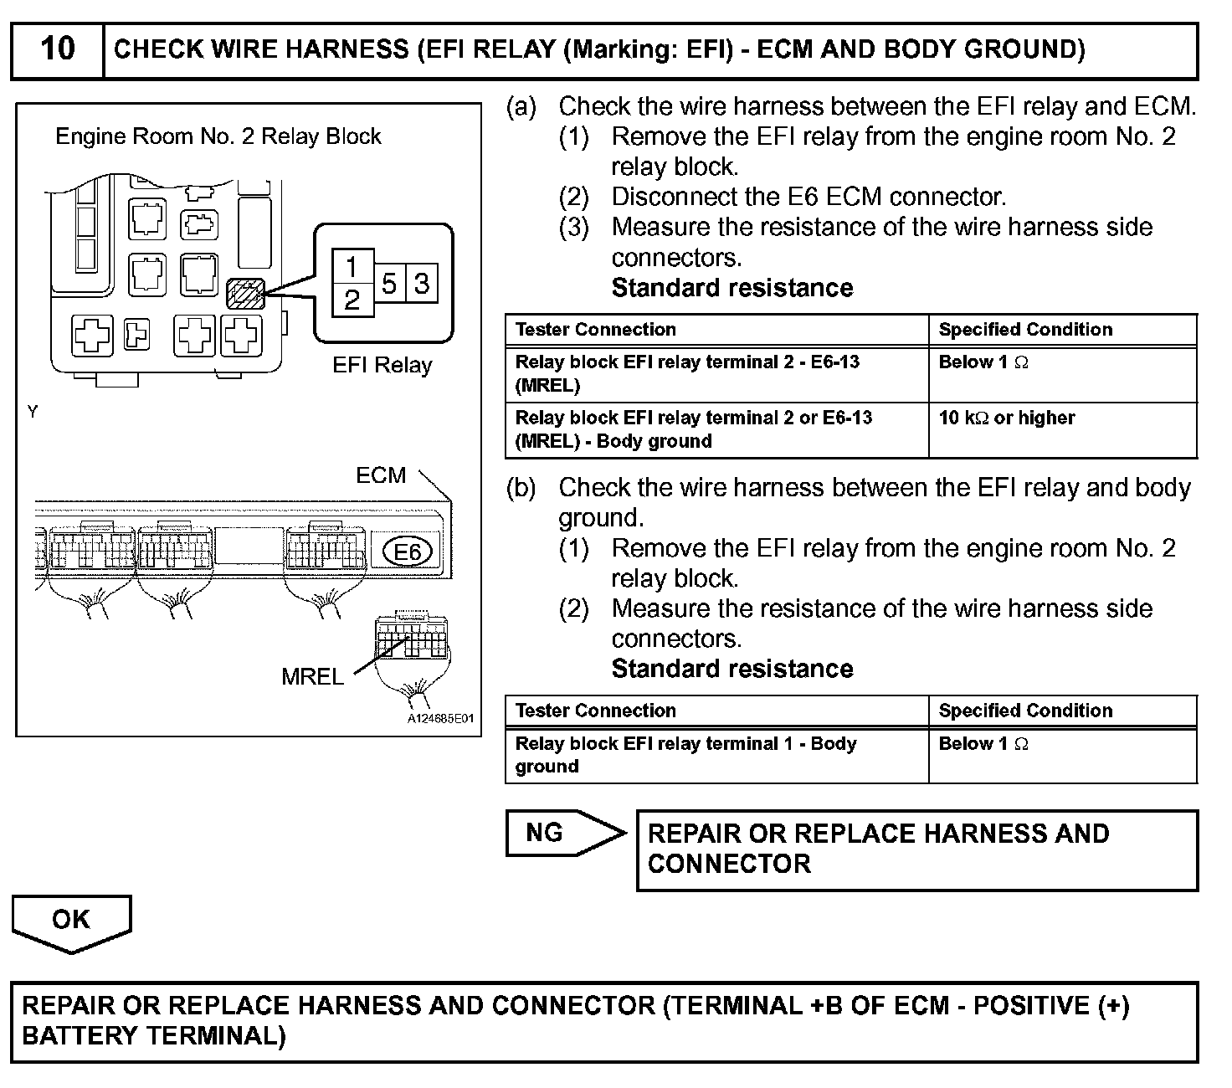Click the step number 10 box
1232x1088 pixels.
click(x=57, y=49)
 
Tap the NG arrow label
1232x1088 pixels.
click(x=545, y=833)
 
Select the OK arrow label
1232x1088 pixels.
click(x=70, y=920)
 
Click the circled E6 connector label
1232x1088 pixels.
click(x=406, y=552)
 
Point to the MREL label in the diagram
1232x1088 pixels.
click(x=312, y=677)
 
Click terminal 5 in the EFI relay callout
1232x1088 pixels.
click(x=389, y=284)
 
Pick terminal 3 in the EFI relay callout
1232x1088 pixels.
click(x=422, y=284)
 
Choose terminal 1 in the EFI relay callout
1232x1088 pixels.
click(x=352, y=267)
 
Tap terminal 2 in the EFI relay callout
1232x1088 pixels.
click(x=352, y=300)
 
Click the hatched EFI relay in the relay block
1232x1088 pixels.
click(x=245, y=294)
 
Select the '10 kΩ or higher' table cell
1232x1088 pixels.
click(x=1007, y=418)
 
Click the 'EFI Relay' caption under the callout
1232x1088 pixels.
click(x=382, y=366)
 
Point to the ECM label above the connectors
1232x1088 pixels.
click(x=381, y=475)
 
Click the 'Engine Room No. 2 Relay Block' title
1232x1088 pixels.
click(x=218, y=136)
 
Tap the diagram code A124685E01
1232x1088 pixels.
click(x=440, y=719)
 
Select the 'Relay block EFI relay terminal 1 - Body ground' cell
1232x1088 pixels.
click(x=685, y=755)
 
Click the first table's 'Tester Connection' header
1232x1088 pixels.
click(x=596, y=330)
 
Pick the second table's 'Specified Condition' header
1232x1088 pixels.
click(x=1025, y=711)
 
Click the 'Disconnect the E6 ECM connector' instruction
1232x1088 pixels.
click(x=808, y=198)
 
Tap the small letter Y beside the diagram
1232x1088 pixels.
click(x=33, y=412)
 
